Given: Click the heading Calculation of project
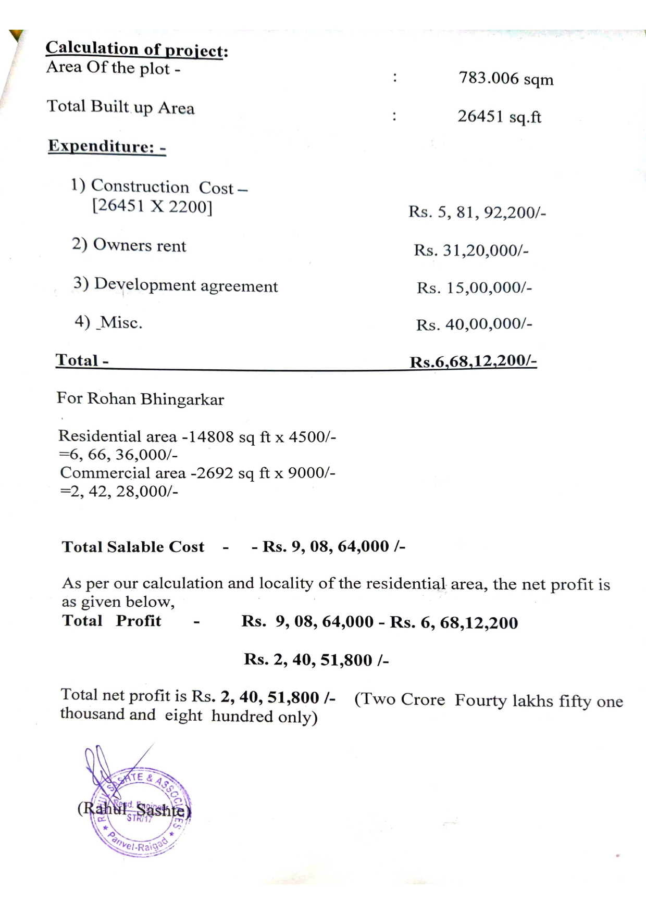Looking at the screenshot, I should [136, 49].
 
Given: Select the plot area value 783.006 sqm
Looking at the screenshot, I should [505, 79].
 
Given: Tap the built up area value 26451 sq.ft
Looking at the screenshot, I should [499, 116].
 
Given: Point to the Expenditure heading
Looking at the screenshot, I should [107, 146].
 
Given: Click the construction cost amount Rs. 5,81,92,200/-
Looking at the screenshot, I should [477, 212].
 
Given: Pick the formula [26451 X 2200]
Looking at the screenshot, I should [152, 206].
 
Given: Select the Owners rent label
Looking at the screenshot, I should [129, 245].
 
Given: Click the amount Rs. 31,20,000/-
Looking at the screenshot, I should [471, 250].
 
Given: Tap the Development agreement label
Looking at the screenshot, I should [176, 285].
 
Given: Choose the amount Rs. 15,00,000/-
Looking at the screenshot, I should [474, 287].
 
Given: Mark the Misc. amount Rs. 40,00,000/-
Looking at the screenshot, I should [474, 324].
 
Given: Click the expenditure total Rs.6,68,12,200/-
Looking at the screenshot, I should [473, 361].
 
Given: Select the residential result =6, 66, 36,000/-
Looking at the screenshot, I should [118, 455].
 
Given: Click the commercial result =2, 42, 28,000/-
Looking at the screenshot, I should [119, 491].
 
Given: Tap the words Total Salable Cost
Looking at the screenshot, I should [133, 546].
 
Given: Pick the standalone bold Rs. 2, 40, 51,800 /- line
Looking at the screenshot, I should [316, 660].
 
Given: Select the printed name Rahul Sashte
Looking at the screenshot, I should [134, 810].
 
